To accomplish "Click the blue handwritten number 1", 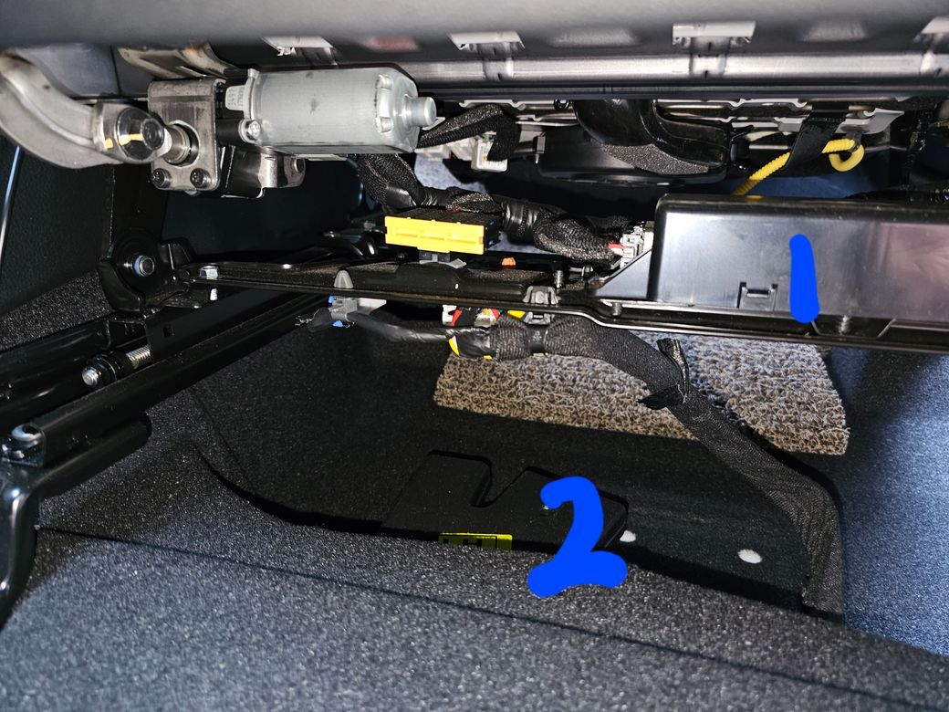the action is pos(805,278).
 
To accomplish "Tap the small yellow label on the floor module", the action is pos(475,540).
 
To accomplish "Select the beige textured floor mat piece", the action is pos(641,393).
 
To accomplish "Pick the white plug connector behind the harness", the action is pos(488,152).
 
